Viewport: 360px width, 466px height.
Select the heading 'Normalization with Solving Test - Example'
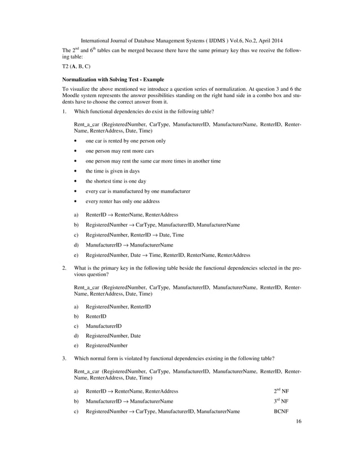(113, 80)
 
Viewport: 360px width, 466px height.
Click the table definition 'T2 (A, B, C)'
(79, 66)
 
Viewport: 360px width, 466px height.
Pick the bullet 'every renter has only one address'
(122, 201)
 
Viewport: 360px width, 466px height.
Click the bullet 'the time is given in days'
(112, 171)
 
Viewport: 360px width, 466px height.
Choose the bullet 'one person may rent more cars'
(117, 151)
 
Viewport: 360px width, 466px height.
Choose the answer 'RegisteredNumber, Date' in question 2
(113, 336)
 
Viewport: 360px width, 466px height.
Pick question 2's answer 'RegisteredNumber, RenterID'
(118, 306)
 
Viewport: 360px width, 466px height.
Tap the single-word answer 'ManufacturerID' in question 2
(103, 326)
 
